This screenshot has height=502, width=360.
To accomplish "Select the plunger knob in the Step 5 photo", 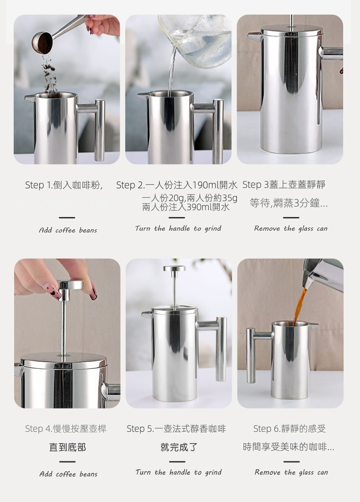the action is click(174, 269).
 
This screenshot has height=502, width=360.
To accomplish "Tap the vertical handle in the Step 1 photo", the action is click(99, 130).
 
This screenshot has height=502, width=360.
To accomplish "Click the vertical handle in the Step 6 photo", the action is click(251, 355).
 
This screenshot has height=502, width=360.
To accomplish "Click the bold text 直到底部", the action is click(67, 447).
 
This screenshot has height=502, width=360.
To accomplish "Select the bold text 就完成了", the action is click(179, 447).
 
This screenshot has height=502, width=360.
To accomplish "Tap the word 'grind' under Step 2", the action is click(213, 228).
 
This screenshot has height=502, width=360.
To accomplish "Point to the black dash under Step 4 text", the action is click(67, 462).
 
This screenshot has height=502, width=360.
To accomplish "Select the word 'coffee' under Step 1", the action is click(65, 231).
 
